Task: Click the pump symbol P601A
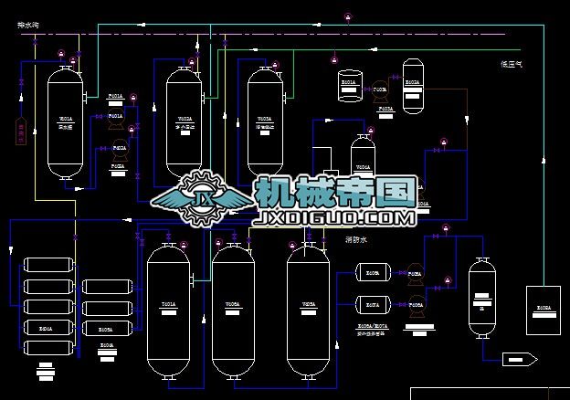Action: coord(116,124)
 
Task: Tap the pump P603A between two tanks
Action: coord(380,89)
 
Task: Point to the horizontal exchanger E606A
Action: coord(373,273)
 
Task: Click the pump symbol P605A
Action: coord(415,273)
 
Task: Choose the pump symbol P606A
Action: coord(415,307)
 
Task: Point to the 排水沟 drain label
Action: coord(28,26)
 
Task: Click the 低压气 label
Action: coord(510,64)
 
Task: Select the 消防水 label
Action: coord(355,240)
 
